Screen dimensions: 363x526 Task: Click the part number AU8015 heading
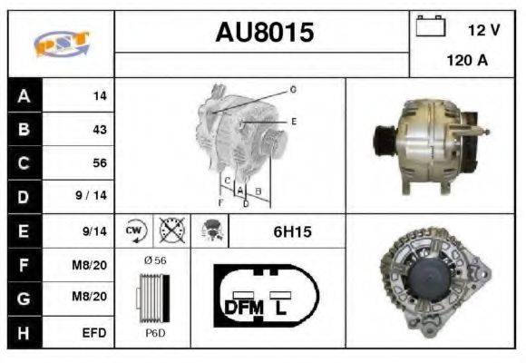[x=264, y=33]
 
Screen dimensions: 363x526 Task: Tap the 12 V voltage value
[x=483, y=30]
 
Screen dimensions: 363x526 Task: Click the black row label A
[x=24, y=95]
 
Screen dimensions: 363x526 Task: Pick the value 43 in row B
[x=99, y=129]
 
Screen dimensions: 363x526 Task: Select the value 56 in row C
[x=99, y=163]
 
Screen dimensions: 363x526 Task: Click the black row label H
[x=24, y=333]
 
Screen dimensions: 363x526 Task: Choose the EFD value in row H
[x=93, y=333]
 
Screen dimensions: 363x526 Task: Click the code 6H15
[x=292, y=231]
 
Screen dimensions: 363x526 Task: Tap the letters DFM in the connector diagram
[x=243, y=307]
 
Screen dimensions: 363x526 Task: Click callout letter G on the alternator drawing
[x=293, y=90]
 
